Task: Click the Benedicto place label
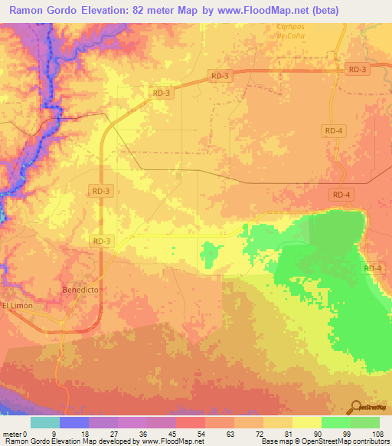80,290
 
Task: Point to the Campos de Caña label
292,31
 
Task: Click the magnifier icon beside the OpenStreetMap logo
356,407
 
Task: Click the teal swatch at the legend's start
45,422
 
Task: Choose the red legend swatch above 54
191,422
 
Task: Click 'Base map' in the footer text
274,441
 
